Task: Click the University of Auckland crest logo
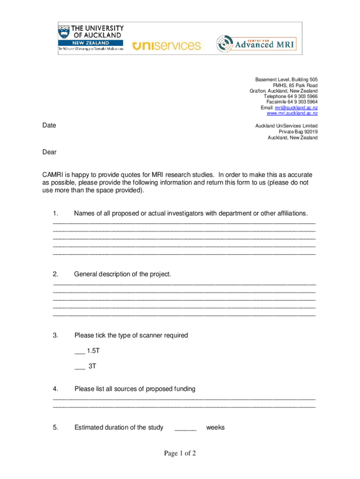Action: [x=64, y=33]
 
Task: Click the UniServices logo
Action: [x=166, y=45]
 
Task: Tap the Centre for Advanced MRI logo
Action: [x=259, y=44]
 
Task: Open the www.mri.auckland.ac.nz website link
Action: [x=292, y=113]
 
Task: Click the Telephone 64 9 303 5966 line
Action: [x=290, y=96]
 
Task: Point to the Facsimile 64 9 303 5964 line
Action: [x=292, y=102]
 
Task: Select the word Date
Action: [x=49, y=125]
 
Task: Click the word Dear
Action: [x=49, y=152]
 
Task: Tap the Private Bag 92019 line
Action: [x=298, y=132]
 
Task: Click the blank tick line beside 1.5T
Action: [x=79, y=351]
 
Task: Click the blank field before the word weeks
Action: [x=185, y=428]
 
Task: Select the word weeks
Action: [x=215, y=428]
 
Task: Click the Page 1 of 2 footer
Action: [x=180, y=453]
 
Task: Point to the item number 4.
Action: [x=55, y=389]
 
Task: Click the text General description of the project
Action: [x=122, y=274]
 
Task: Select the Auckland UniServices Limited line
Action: [x=286, y=126]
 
